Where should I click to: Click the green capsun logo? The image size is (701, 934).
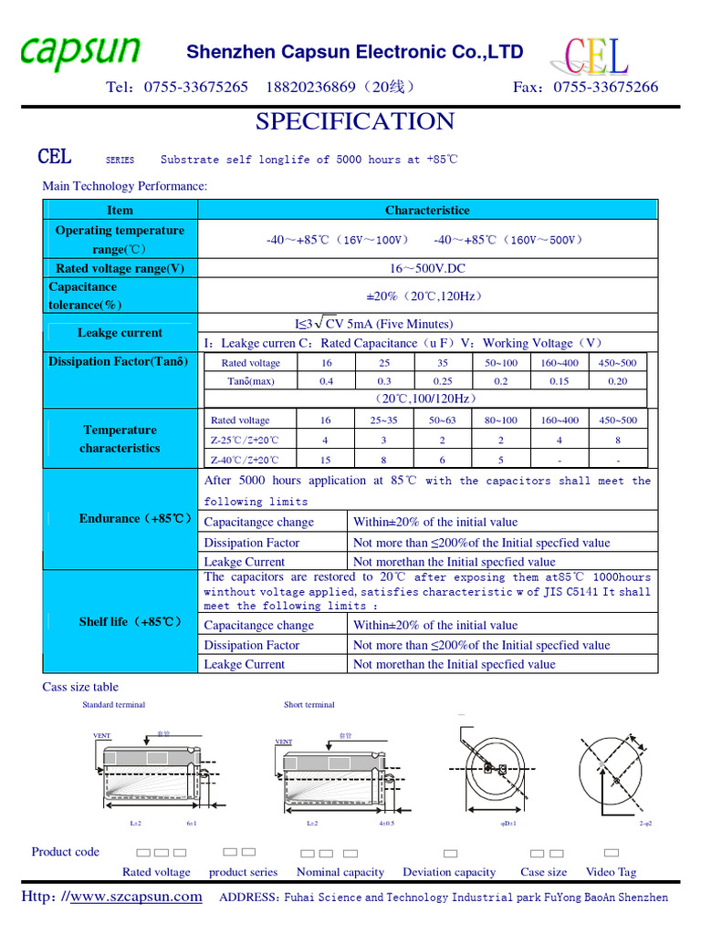(80, 52)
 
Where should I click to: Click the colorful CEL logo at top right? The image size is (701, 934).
(596, 56)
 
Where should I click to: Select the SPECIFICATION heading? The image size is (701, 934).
(354, 121)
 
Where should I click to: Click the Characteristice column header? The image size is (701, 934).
(427, 211)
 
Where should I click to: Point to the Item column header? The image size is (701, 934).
(120, 211)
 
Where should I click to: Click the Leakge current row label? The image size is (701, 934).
(120, 333)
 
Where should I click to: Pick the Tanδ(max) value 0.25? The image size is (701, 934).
(443, 381)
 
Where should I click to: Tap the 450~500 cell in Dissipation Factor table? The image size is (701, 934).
(617, 363)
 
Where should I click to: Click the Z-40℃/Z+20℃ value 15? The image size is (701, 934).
(326, 461)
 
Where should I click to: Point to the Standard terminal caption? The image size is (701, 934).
(113, 705)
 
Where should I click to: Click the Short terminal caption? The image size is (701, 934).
(309, 705)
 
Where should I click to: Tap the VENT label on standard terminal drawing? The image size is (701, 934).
(101, 734)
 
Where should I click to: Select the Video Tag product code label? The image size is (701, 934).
(611, 872)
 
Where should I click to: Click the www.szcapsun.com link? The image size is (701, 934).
(136, 898)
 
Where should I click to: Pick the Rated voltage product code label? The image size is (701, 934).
(156, 872)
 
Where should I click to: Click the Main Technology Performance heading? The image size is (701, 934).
(125, 186)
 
